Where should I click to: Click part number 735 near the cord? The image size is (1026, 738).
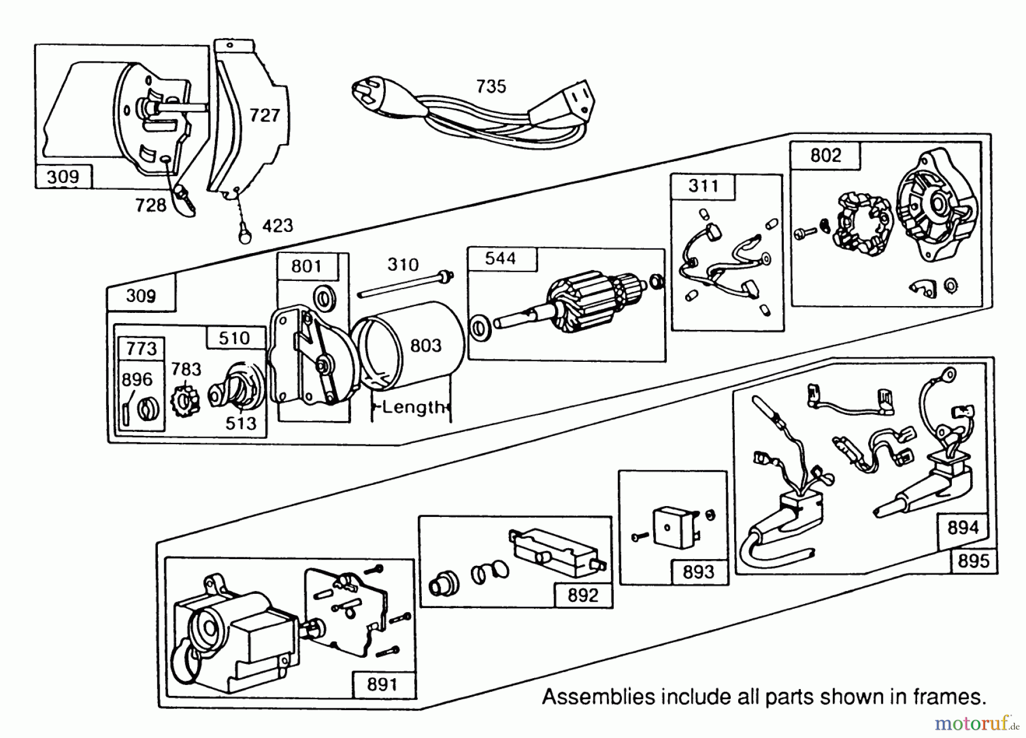point(491,87)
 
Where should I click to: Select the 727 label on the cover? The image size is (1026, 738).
point(264,116)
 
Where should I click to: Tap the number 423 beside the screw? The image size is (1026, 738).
point(278,226)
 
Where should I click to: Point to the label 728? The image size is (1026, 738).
point(150,205)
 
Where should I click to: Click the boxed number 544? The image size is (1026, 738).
point(500,259)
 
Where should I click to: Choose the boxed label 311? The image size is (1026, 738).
point(703,186)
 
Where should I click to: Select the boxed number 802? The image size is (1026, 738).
point(825,156)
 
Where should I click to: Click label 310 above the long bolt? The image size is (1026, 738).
point(403,264)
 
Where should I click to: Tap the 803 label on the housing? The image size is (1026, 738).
point(426,345)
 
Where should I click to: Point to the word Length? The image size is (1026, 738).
point(413,407)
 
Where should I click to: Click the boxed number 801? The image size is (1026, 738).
point(307,266)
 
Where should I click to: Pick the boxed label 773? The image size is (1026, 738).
point(141,348)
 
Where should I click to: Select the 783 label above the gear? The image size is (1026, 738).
point(186,369)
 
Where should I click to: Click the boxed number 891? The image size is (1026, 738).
point(382,684)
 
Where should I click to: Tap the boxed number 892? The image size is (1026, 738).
point(583,596)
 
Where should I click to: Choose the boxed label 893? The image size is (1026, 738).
point(698,572)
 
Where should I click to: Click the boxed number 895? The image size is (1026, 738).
point(973,561)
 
